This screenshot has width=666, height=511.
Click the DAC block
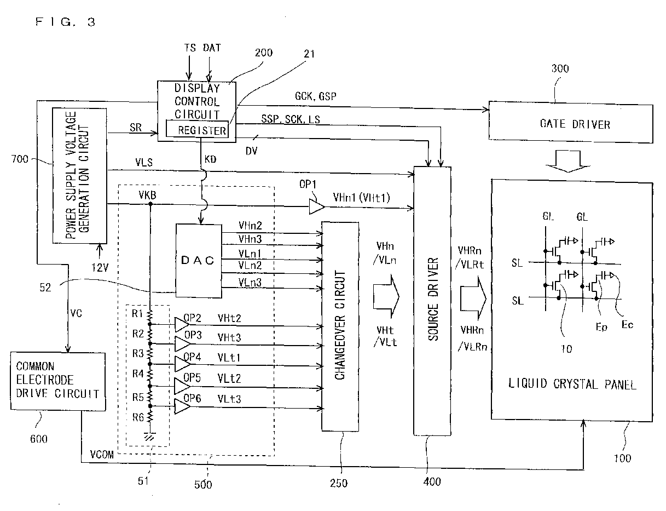pyautogui.click(x=199, y=261)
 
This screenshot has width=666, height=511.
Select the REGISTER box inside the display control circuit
pyautogui.click(x=197, y=129)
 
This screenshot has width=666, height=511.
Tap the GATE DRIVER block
pyautogui.click(x=571, y=122)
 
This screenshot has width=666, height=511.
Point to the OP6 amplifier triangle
pyautogui.click(x=182, y=406)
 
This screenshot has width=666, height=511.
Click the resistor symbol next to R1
pyautogui.click(x=150, y=315)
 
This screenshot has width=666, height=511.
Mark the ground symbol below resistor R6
pyautogui.click(x=149, y=436)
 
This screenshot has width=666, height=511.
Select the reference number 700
pyautogui.click(x=20, y=159)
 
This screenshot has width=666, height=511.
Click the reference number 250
pyautogui.click(x=339, y=484)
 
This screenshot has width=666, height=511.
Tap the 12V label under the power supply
pyautogui.click(x=100, y=268)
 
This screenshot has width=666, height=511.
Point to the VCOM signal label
pyautogui.click(x=102, y=454)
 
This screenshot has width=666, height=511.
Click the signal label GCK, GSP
pyautogui.click(x=315, y=96)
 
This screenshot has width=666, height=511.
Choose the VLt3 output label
pyautogui.click(x=229, y=399)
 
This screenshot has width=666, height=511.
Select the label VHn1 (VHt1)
pyautogui.click(x=361, y=198)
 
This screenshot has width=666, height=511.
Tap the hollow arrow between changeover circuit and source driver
pyautogui.click(x=386, y=296)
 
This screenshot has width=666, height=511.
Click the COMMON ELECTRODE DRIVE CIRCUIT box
pyautogui.click(x=58, y=382)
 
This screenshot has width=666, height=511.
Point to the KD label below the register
pyautogui.click(x=210, y=159)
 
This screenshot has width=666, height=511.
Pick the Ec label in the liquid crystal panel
pyautogui.click(x=627, y=325)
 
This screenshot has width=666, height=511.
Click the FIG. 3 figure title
pyautogui.click(x=65, y=22)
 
